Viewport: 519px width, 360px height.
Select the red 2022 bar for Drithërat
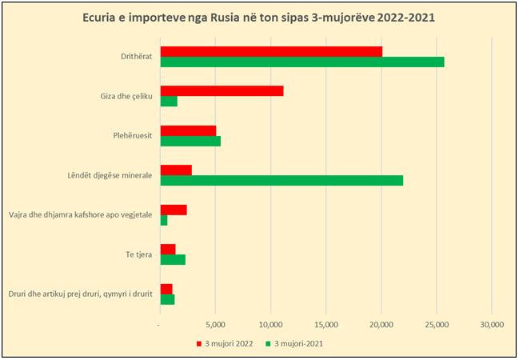[x=271, y=51]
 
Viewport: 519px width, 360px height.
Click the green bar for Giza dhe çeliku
[x=169, y=102]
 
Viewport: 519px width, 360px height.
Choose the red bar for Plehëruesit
[x=188, y=130]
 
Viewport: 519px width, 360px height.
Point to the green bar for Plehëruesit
[x=190, y=141]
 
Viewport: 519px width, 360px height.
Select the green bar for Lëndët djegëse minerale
[x=281, y=180]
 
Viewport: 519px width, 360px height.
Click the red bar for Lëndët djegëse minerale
[x=176, y=170]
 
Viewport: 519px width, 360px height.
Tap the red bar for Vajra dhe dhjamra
[x=174, y=210]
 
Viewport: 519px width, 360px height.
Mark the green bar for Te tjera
[x=173, y=259]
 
